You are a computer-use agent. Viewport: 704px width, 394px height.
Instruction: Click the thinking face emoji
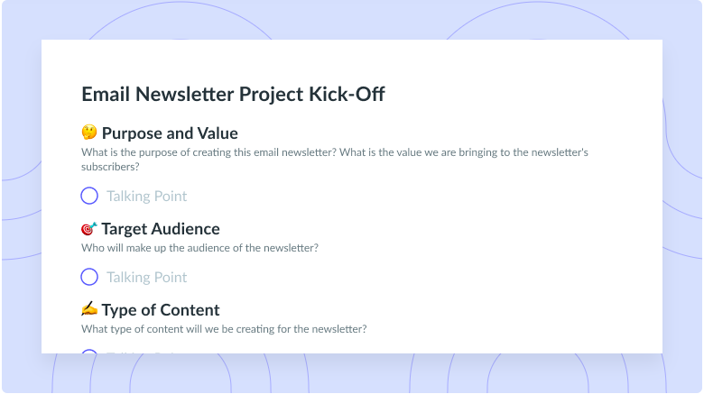[x=88, y=133]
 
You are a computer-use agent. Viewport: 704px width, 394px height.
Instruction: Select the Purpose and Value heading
[x=170, y=133]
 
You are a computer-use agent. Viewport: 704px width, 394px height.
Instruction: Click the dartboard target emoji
[x=88, y=229]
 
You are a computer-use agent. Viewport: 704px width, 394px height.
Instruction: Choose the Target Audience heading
[x=161, y=229]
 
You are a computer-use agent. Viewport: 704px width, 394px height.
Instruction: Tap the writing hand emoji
[x=88, y=310]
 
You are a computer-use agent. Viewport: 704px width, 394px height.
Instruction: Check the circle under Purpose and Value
[x=89, y=196]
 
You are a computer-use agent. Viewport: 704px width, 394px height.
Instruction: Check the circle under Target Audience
[x=89, y=277]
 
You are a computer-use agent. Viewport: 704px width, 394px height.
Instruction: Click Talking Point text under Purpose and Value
[x=147, y=196]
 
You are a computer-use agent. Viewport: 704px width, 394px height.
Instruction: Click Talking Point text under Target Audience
[x=147, y=277]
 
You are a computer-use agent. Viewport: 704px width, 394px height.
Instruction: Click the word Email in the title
[x=107, y=94]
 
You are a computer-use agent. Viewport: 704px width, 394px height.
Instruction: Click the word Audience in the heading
[x=185, y=229]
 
